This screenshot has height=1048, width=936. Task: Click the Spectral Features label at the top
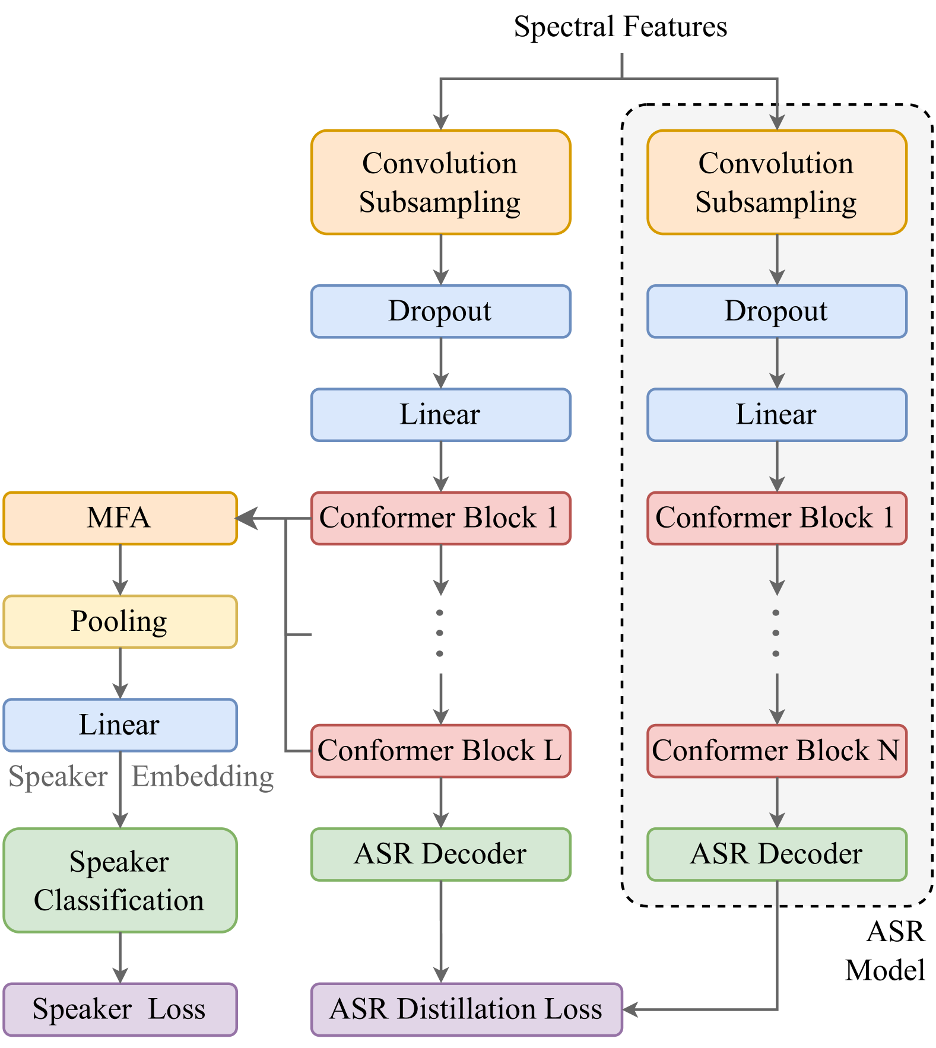(620, 27)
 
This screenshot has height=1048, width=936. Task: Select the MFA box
(120, 518)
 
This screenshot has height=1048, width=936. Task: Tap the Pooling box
(120, 621)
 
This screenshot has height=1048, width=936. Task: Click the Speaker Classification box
(120, 880)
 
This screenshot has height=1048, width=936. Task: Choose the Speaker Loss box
(120, 1009)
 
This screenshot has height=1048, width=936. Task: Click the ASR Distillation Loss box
(467, 1009)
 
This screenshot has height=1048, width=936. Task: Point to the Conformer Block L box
(441, 751)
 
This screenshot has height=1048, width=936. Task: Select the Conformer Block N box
(777, 751)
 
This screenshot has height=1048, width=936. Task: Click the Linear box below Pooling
(120, 725)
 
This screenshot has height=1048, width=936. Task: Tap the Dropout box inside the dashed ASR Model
(777, 312)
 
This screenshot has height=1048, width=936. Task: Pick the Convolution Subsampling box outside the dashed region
(441, 182)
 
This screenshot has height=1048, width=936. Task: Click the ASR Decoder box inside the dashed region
(777, 854)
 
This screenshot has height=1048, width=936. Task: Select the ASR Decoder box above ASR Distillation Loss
(441, 854)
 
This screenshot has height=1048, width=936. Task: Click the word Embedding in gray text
(202, 777)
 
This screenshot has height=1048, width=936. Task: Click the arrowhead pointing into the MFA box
(246, 518)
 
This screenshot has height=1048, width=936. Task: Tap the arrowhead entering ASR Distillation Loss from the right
(630, 1009)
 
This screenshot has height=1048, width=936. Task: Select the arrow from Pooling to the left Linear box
(120, 674)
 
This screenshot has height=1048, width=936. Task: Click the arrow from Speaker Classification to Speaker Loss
(120, 958)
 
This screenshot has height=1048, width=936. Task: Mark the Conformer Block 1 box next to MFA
(441, 518)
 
